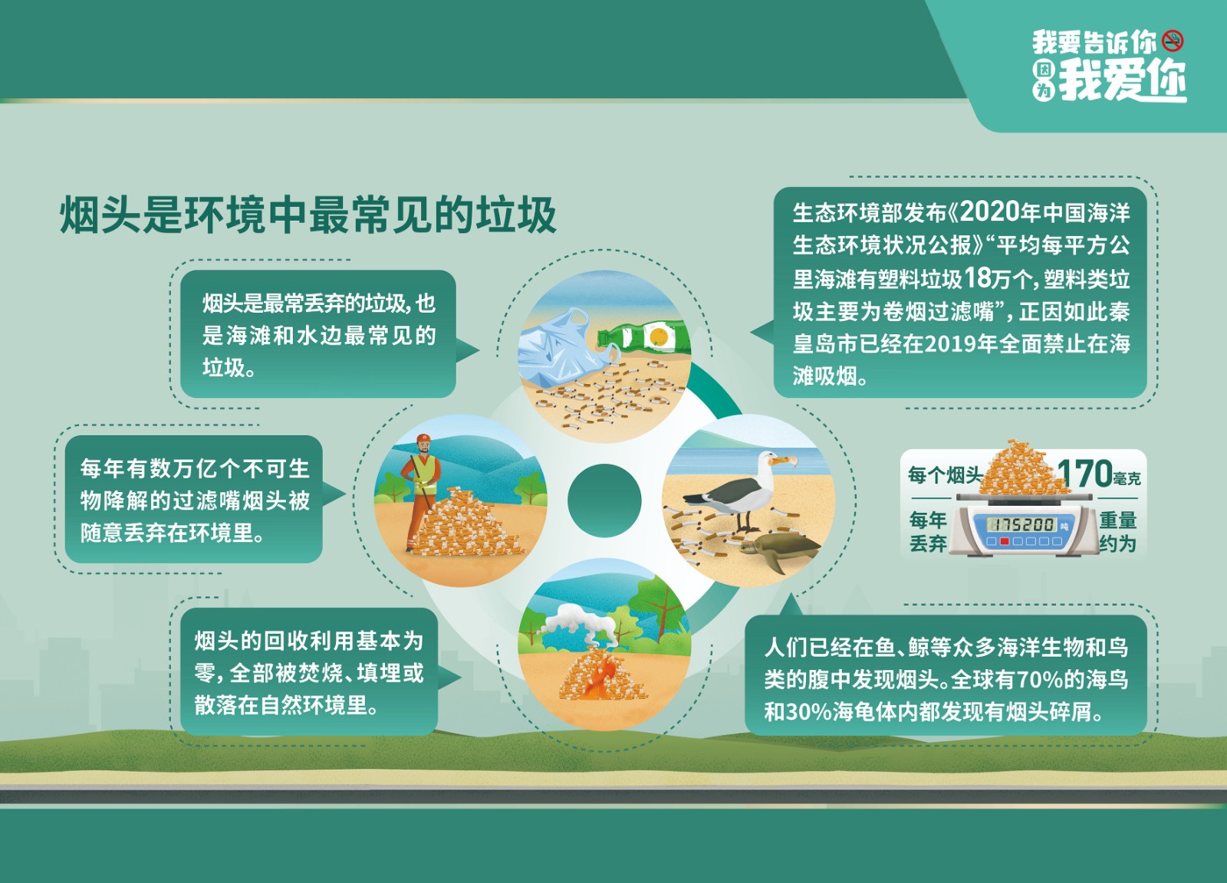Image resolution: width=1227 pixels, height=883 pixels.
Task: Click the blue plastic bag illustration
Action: point(560,346)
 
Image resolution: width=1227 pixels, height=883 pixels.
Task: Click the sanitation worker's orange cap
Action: point(423,438)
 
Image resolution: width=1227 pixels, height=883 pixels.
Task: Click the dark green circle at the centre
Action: point(604,501)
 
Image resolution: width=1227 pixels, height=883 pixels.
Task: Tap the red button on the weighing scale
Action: point(1005,541)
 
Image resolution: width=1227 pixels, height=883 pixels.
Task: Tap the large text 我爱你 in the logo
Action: point(1123,81)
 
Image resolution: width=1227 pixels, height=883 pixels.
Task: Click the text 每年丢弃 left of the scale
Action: point(928,531)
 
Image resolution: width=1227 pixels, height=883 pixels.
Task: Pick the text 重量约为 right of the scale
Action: point(1118,531)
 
